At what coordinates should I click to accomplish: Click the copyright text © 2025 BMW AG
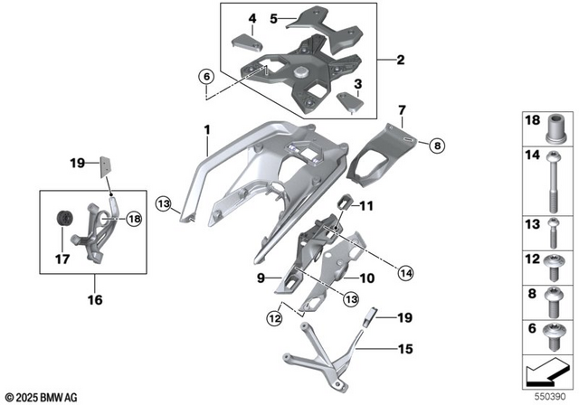(41, 396)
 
